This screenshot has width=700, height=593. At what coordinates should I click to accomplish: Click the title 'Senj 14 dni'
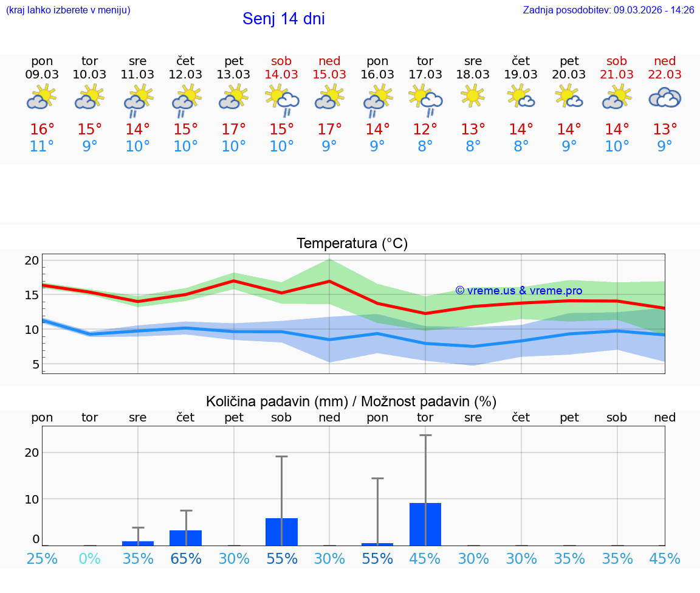click(x=283, y=19)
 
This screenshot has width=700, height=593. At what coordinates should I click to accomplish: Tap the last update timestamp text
click(x=608, y=10)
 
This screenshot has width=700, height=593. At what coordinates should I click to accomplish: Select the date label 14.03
click(x=281, y=75)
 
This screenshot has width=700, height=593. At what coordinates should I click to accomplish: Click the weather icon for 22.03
click(x=665, y=98)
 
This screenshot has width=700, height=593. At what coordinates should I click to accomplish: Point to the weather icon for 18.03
click(x=473, y=96)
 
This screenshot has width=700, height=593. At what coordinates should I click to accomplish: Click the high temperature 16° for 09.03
click(x=42, y=130)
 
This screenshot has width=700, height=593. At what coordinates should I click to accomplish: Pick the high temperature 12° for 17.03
click(x=425, y=130)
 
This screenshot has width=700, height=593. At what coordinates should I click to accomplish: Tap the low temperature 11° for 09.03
click(x=42, y=147)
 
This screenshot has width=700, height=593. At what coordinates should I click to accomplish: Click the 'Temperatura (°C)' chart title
click(x=352, y=244)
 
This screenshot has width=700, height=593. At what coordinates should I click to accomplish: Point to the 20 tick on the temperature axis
click(x=32, y=260)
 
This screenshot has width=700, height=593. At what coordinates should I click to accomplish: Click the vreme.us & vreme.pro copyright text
click(x=518, y=291)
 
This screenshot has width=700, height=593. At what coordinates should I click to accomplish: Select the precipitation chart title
click(x=351, y=401)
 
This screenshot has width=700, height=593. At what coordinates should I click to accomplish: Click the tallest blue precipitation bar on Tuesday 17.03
click(x=425, y=524)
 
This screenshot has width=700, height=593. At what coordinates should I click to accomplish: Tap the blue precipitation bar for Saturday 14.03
click(x=281, y=532)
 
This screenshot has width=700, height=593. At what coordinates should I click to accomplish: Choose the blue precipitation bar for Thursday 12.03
click(x=185, y=538)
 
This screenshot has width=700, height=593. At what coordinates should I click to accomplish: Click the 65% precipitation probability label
click(x=185, y=559)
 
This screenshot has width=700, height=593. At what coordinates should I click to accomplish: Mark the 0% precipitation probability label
click(x=90, y=559)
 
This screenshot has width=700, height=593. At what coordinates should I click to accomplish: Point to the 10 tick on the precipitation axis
click(x=32, y=499)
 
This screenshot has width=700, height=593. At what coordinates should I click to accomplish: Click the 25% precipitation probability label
click(x=42, y=559)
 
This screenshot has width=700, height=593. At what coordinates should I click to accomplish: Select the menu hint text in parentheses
click(x=68, y=10)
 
